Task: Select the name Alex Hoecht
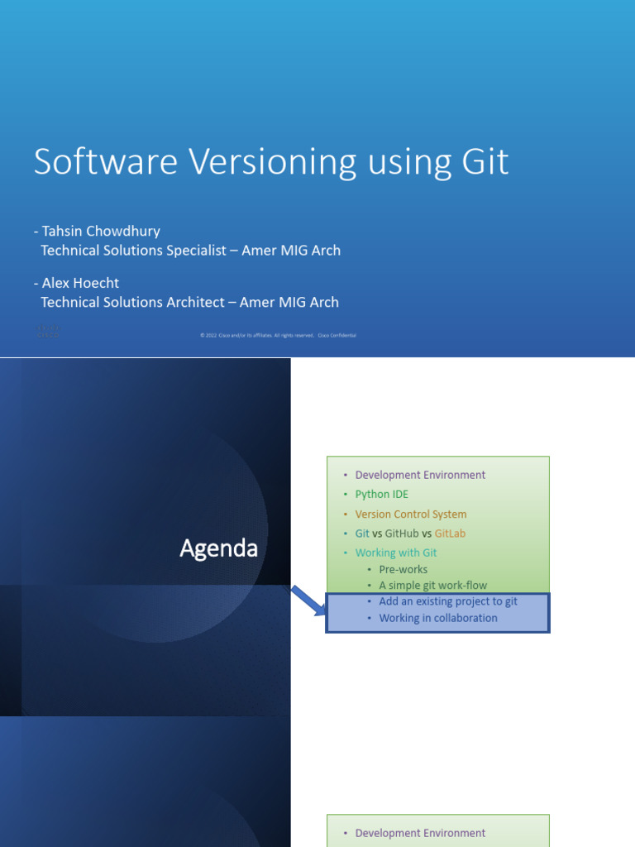click(x=80, y=283)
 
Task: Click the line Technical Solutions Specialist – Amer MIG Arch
click(x=190, y=250)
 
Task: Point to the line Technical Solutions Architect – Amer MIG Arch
click(x=189, y=302)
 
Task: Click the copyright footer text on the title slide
click(x=278, y=335)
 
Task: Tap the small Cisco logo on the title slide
click(x=47, y=332)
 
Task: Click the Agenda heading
click(x=219, y=548)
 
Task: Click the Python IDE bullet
click(x=381, y=494)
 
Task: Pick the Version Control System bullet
click(x=410, y=514)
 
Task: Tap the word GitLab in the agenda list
click(x=450, y=534)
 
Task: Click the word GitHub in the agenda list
click(x=402, y=534)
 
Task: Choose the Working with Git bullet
click(x=395, y=553)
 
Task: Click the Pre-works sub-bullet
click(x=403, y=570)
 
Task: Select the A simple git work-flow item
click(x=432, y=586)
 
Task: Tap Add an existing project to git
click(x=447, y=601)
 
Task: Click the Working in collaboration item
click(x=437, y=618)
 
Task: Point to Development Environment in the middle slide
click(x=420, y=475)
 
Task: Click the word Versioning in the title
click(x=270, y=162)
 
